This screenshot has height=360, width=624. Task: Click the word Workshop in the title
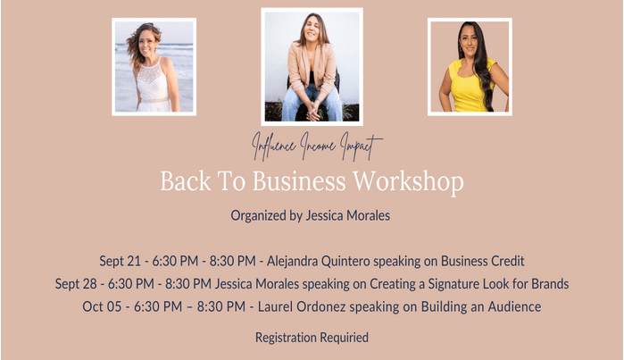click(409, 181)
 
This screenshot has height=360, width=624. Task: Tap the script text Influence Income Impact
click(317, 147)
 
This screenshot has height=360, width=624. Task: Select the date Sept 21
click(121, 261)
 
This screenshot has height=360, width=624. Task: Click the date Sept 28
click(76, 284)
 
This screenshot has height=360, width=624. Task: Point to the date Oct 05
click(102, 306)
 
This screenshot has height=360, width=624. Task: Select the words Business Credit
click(483, 261)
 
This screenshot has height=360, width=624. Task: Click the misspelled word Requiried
click(345, 338)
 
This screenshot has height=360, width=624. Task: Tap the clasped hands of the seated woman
click(313, 111)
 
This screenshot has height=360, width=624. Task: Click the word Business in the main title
click(299, 181)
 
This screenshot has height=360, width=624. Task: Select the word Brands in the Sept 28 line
click(550, 284)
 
